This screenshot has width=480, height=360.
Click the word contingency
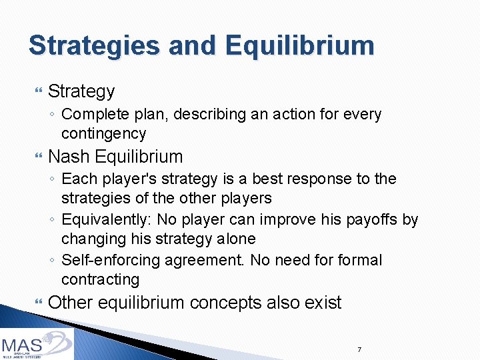tap(103, 133)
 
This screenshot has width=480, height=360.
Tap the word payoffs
tap(377, 219)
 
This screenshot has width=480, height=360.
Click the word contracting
tap(100, 279)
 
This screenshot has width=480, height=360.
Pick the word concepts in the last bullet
tap(225, 303)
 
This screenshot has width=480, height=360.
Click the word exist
tap(323, 303)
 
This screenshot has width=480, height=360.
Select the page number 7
tap(359, 349)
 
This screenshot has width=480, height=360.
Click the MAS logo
tap(37, 344)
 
